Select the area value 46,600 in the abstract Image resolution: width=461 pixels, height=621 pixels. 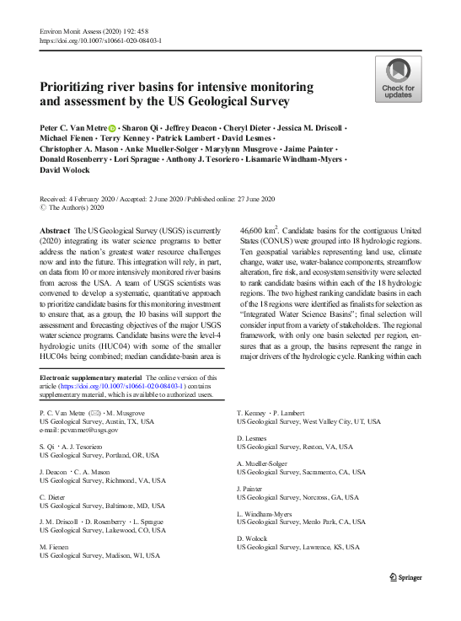click(x=255, y=229)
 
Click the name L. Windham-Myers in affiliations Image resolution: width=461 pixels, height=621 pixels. click(x=269, y=512)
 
